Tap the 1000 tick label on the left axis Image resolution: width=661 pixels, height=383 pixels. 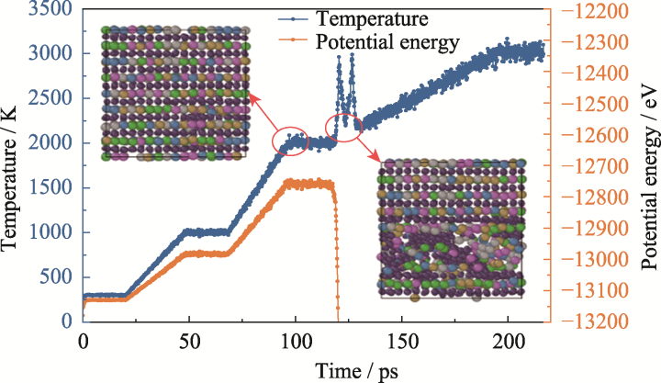point(50,232)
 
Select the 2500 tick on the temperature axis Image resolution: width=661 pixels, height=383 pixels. point(50,99)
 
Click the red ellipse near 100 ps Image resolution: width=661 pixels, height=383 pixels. point(292,141)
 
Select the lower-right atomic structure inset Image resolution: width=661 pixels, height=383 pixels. point(452,228)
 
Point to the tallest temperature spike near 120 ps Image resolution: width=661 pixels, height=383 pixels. point(339,58)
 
